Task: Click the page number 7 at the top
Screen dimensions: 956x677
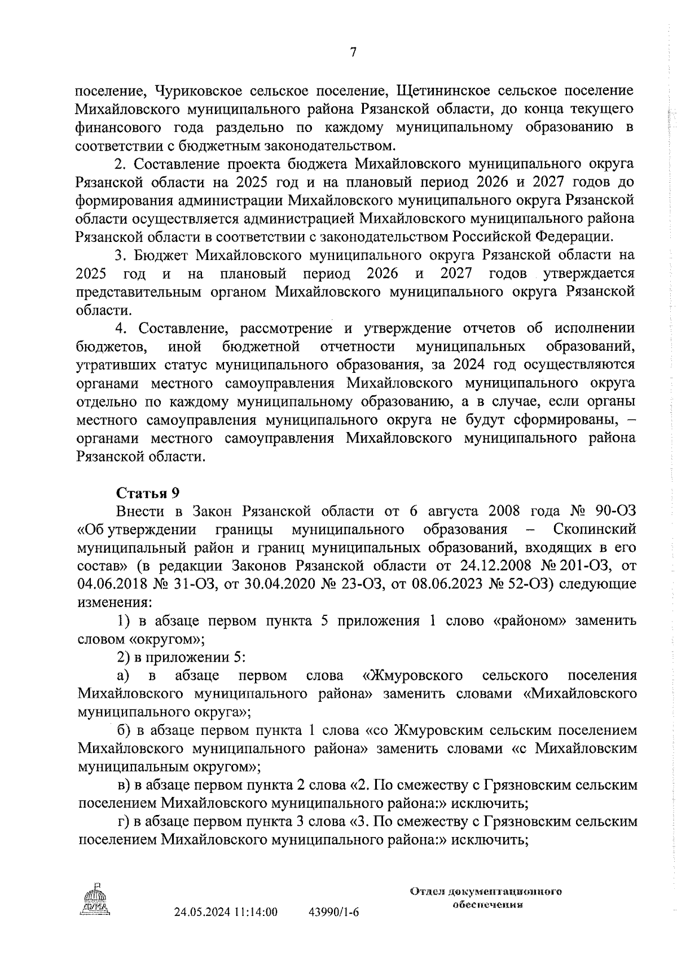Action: [354, 52]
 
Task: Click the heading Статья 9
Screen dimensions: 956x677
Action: [147, 492]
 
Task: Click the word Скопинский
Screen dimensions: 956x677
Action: [595, 529]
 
